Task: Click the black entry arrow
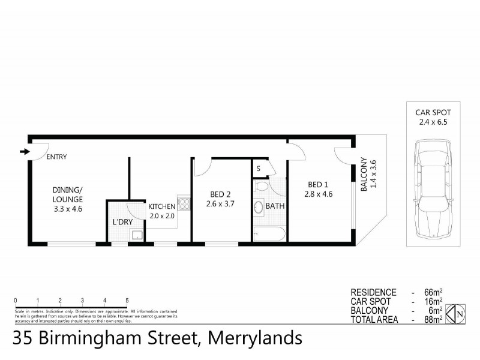click(24, 151)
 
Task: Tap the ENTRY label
click(56, 157)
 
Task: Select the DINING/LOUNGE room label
click(67, 196)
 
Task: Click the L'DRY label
click(122, 222)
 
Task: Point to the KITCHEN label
click(161, 206)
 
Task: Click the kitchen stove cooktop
click(184, 203)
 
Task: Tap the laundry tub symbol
click(138, 235)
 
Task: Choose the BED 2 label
click(221, 194)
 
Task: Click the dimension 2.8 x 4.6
click(318, 194)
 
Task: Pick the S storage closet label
click(259, 169)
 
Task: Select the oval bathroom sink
click(259, 208)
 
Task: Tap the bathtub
click(270, 234)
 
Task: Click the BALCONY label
click(364, 174)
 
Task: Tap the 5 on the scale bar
click(127, 300)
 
